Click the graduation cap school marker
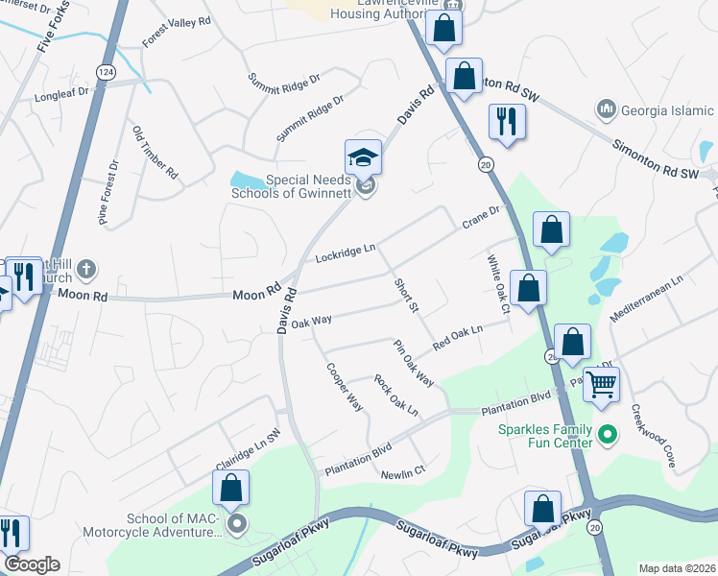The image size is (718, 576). coord(364,156)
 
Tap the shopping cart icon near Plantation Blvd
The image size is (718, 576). coord(602,384)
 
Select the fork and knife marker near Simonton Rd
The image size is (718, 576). coord(505,122)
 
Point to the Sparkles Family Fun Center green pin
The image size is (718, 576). coord(606,436)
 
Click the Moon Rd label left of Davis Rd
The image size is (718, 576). coord(256,290)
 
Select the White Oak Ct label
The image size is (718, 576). coord(496,284)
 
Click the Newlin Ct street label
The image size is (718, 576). coord(402,471)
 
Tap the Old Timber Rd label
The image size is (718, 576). coord(156,154)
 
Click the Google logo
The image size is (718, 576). coord(32,564)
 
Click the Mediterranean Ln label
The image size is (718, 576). coord(651,300)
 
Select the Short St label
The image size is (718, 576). coord(406,296)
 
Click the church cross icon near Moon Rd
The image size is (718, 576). coord(85,269)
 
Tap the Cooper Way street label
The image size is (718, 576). coord(344,387)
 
